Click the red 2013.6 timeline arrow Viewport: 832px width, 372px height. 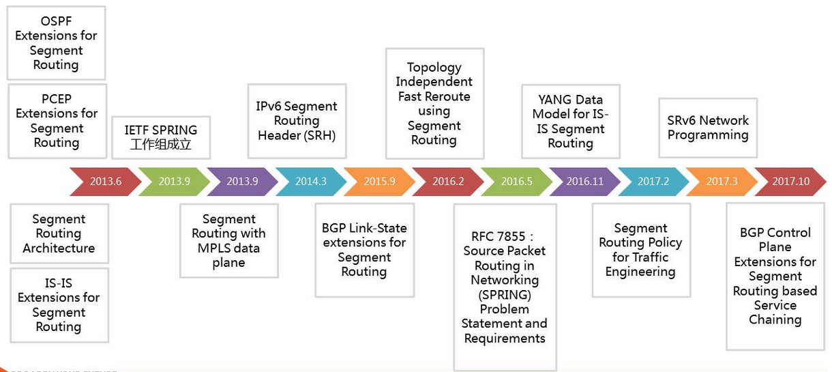click(106, 182)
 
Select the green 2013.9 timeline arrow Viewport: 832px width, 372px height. click(174, 182)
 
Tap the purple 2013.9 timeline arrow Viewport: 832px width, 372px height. click(243, 182)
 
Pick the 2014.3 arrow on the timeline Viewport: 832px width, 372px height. click(311, 182)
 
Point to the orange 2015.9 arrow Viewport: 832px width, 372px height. click(380, 182)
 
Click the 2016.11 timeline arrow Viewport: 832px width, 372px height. click(584, 182)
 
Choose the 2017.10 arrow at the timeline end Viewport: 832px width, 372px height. click(791, 182)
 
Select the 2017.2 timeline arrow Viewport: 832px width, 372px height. click(653, 182)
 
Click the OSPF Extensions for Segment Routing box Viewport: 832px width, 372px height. click(56, 43)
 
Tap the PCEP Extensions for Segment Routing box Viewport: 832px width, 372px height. click(57, 121)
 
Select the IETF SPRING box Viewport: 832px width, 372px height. click(161, 137)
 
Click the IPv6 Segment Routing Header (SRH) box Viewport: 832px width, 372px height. click(297, 121)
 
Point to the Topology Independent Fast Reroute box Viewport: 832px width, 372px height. click(434, 104)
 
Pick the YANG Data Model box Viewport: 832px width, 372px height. click(571, 121)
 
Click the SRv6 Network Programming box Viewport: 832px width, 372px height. click(708, 128)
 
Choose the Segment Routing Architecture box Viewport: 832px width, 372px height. click(59, 233)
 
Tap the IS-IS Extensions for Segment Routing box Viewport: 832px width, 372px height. click(59, 305)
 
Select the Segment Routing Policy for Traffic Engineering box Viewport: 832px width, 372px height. click(641, 250)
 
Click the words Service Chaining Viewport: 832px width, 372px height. click(775, 313)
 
